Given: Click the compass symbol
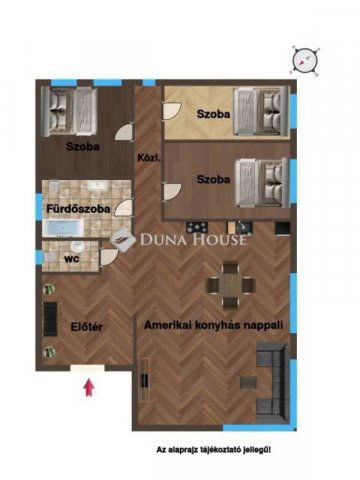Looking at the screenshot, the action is [305, 61].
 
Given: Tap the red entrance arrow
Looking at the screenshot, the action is [89, 388].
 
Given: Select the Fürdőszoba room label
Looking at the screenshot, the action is [78, 209].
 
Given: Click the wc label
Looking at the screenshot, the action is [72, 258].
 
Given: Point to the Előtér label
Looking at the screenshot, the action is [86, 327].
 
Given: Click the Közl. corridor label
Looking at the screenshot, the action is [149, 158].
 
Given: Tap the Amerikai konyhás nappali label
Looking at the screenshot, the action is [213, 325].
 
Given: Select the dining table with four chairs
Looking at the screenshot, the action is [230, 285].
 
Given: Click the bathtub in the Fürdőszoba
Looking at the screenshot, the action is [63, 228].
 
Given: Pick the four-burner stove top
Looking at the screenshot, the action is [197, 228].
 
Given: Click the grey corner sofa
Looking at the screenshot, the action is [273, 382].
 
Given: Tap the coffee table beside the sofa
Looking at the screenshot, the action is [248, 383].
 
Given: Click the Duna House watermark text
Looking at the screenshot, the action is [193, 239].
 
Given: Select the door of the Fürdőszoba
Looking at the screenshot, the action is [123, 208].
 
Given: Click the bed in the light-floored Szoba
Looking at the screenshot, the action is [261, 111].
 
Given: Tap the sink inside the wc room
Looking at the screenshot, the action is [78, 247].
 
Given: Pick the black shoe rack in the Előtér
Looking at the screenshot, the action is [50, 319].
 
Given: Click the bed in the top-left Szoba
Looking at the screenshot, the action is [69, 111].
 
